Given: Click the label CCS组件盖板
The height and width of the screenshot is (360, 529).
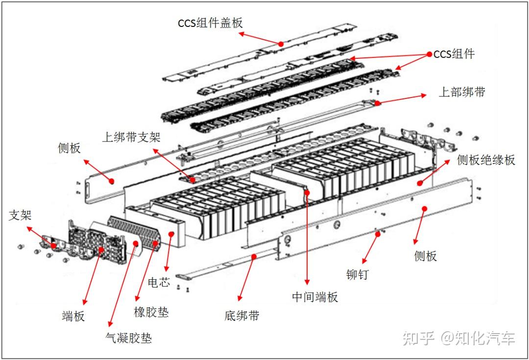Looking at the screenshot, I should (x=210, y=23).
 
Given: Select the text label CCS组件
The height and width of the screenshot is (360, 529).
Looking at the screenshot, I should (x=454, y=54).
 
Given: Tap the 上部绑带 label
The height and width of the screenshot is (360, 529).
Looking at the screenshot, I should (x=461, y=92).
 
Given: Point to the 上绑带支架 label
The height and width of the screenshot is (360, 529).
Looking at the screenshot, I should (x=131, y=137).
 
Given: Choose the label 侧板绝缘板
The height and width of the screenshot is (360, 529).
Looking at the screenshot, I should (x=485, y=160).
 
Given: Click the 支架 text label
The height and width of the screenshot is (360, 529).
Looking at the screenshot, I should (x=20, y=215).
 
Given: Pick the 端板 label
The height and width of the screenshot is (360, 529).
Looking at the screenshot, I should (x=73, y=316).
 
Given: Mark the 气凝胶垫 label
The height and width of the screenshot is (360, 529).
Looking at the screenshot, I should (x=128, y=337).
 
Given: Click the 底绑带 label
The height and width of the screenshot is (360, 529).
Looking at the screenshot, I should (x=241, y=315).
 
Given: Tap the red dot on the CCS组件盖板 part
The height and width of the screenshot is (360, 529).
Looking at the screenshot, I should (x=281, y=44).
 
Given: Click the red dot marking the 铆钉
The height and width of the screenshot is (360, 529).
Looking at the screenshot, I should (x=377, y=234).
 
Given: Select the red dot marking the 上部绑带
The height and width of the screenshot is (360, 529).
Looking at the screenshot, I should (x=377, y=103).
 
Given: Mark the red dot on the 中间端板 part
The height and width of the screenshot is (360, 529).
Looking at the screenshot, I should (x=308, y=192).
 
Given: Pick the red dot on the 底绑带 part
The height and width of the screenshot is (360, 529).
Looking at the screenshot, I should (x=254, y=256).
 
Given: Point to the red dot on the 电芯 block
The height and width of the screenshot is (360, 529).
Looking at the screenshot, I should (x=171, y=234).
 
